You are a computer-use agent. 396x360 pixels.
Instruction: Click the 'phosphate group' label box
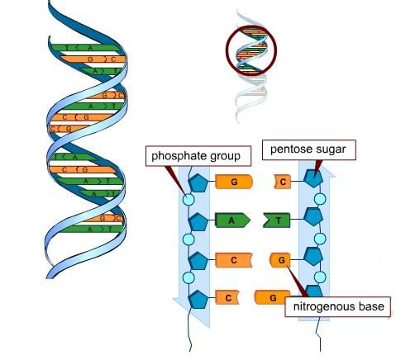[x=198, y=156]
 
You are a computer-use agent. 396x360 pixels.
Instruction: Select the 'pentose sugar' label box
[x=308, y=149]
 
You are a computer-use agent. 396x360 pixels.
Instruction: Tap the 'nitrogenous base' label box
[x=337, y=306]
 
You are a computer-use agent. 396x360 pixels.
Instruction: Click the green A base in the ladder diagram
[x=232, y=220]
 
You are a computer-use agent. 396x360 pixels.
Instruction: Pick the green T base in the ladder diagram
[x=277, y=220]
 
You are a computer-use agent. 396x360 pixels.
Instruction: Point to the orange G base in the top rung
[x=234, y=182]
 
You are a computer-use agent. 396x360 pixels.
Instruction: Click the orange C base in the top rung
[x=282, y=182]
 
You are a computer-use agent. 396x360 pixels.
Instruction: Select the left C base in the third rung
[x=234, y=260]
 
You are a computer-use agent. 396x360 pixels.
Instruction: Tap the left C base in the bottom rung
[x=227, y=298]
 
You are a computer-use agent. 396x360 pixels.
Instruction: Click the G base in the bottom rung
[x=272, y=298]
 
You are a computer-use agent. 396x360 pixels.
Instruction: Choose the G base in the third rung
[x=280, y=260]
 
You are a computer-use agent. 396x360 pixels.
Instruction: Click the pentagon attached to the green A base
[x=198, y=222]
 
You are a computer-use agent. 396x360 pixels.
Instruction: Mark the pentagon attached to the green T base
[x=313, y=217]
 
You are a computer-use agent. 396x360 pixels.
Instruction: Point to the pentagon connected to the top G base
[x=198, y=183]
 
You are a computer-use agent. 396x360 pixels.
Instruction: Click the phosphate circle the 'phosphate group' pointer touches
[x=188, y=199]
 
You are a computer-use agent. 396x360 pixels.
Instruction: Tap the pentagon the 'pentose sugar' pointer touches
[x=313, y=178]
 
